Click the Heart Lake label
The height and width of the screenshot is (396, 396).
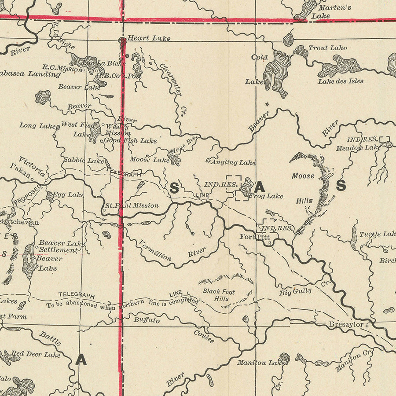(x=149, y=38)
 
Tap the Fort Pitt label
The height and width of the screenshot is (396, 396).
(x=254, y=237)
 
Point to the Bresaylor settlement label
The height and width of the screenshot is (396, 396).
(x=346, y=325)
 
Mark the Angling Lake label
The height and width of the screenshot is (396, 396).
(x=233, y=162)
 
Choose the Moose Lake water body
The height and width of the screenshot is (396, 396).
(x=173, y=159)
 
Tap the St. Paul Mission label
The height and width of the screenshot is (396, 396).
(x=132, y=205)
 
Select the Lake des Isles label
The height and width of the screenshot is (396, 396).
(x=341, y=81)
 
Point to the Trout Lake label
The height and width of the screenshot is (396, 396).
(x=327, y=48)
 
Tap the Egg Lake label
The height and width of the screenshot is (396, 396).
(x=68, y=194)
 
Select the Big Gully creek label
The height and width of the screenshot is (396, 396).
(x=295, y=291)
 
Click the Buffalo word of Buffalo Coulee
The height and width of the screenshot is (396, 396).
(x=147, y=320)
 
